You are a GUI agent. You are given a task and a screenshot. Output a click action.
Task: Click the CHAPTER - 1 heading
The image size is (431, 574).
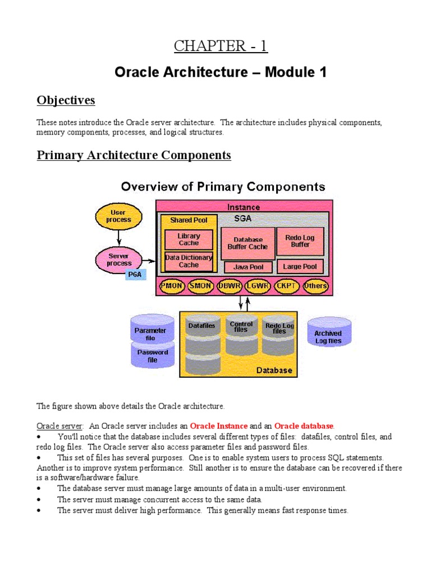(x=221, y=46)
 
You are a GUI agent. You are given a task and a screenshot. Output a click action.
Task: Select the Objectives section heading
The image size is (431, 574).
(x=66, y=100)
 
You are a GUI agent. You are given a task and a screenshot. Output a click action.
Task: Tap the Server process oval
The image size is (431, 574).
(x=119, y=260)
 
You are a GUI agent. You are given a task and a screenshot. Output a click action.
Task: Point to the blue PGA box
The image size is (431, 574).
(x=135, y=275)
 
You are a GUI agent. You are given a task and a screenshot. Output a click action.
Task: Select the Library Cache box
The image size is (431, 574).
(x=189, y=240)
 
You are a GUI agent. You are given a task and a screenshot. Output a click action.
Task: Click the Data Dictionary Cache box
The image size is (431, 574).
(x=189, y=261)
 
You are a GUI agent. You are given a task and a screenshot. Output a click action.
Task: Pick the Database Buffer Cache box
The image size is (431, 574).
(x=247, y=243)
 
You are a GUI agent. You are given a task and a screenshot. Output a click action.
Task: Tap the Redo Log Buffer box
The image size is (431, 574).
(x=300, y=241)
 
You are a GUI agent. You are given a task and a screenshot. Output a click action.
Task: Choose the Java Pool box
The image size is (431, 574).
(x=249, y=267)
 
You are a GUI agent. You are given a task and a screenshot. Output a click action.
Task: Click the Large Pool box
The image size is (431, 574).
(x=300, y=267)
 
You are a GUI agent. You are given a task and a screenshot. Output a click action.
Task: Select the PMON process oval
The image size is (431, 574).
(x=172, y=286)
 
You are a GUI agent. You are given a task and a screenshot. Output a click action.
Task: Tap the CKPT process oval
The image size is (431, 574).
(x=287, y=286)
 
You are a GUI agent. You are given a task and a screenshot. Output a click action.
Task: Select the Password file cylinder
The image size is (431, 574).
(x=152, y=357)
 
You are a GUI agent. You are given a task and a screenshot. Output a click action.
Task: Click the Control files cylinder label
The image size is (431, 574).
(x=241, y=327)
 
